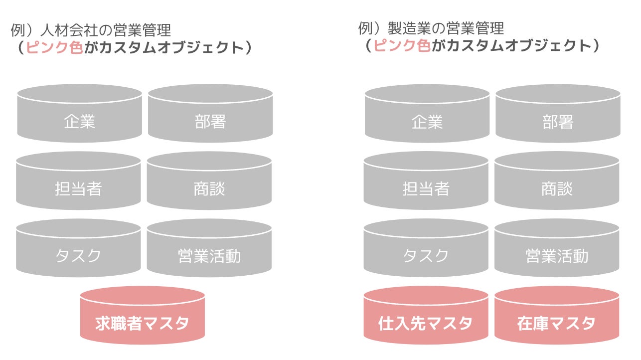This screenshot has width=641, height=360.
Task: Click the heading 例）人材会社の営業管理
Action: [x=91, y=30]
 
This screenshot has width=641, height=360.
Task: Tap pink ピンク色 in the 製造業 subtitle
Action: [x=402, y=46]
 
